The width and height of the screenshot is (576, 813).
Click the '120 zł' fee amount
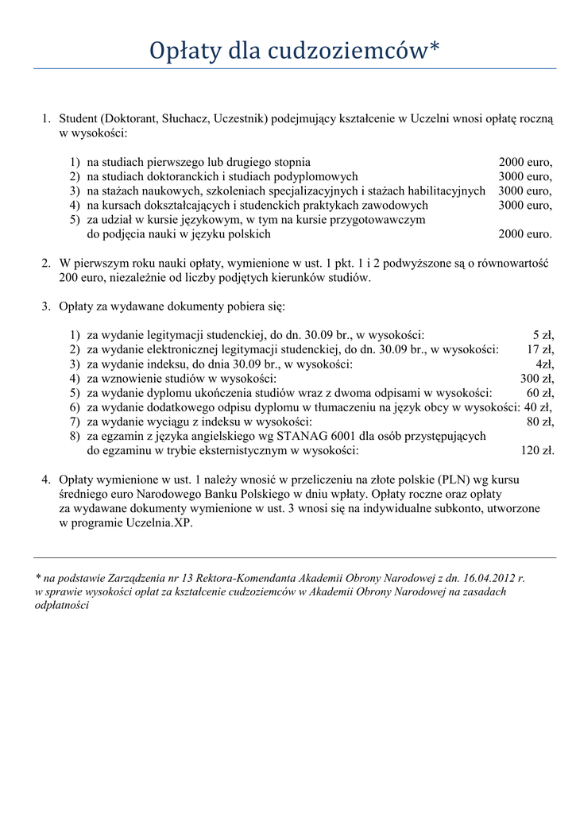[536, 451]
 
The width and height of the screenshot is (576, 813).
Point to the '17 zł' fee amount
[540, 349]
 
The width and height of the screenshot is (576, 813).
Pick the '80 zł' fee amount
[540, 422]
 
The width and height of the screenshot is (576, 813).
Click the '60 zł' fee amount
[540, 393]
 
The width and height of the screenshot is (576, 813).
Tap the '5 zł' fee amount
[543, 335]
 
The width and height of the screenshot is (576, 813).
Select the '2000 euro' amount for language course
[524, 234]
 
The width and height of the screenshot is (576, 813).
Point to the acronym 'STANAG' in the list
[299, 437]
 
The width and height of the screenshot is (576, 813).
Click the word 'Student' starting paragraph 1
[78, 118]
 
